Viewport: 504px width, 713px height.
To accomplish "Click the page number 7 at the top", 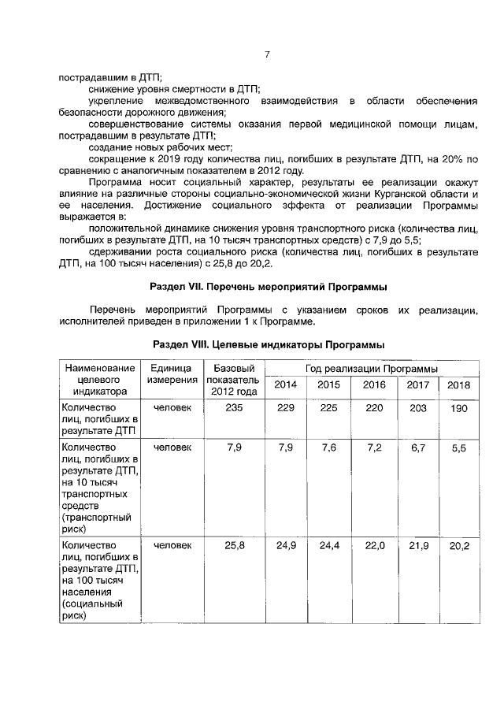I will pyautogui.click(x=267, y=54).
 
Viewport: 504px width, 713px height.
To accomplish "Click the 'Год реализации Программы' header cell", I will pyautogui.click(x=371, y=369).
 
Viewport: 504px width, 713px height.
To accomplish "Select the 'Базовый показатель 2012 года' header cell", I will pyautogui.click(x=232, y=380).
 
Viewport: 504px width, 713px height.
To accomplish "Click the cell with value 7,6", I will pyautogui.click(x=329, y=447).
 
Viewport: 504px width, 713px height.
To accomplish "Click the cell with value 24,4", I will pyautogui.click(x=329, y=545).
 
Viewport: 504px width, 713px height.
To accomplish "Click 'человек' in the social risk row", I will pyautogui.click(x=172, y=545).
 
